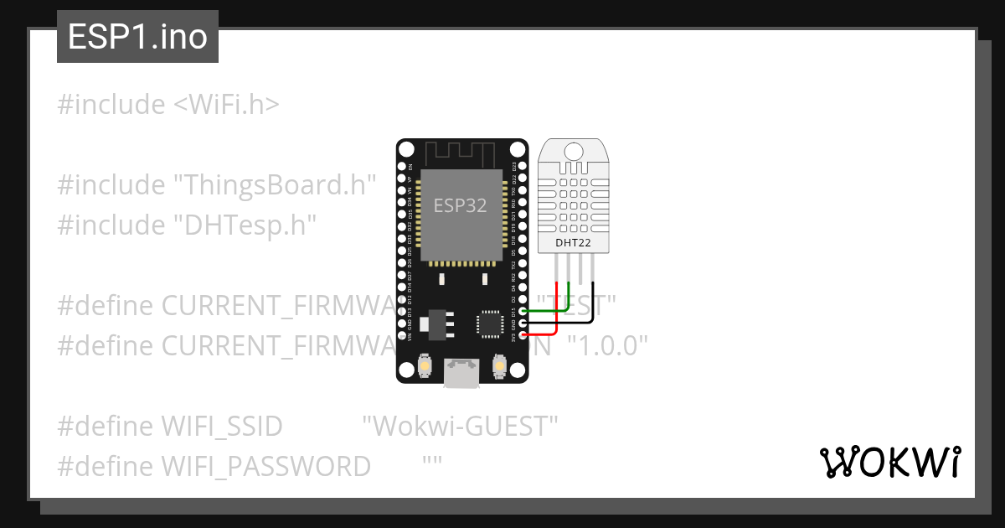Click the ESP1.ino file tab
[x=137, y=37]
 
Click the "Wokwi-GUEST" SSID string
[x=460, y=426]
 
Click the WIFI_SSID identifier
[x=222, y=426]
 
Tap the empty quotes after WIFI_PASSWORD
[x=432, y=463]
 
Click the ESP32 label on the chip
[x=460, y=205]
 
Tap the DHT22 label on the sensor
[x=573, y=243]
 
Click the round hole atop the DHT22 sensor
[x=574, y=151]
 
